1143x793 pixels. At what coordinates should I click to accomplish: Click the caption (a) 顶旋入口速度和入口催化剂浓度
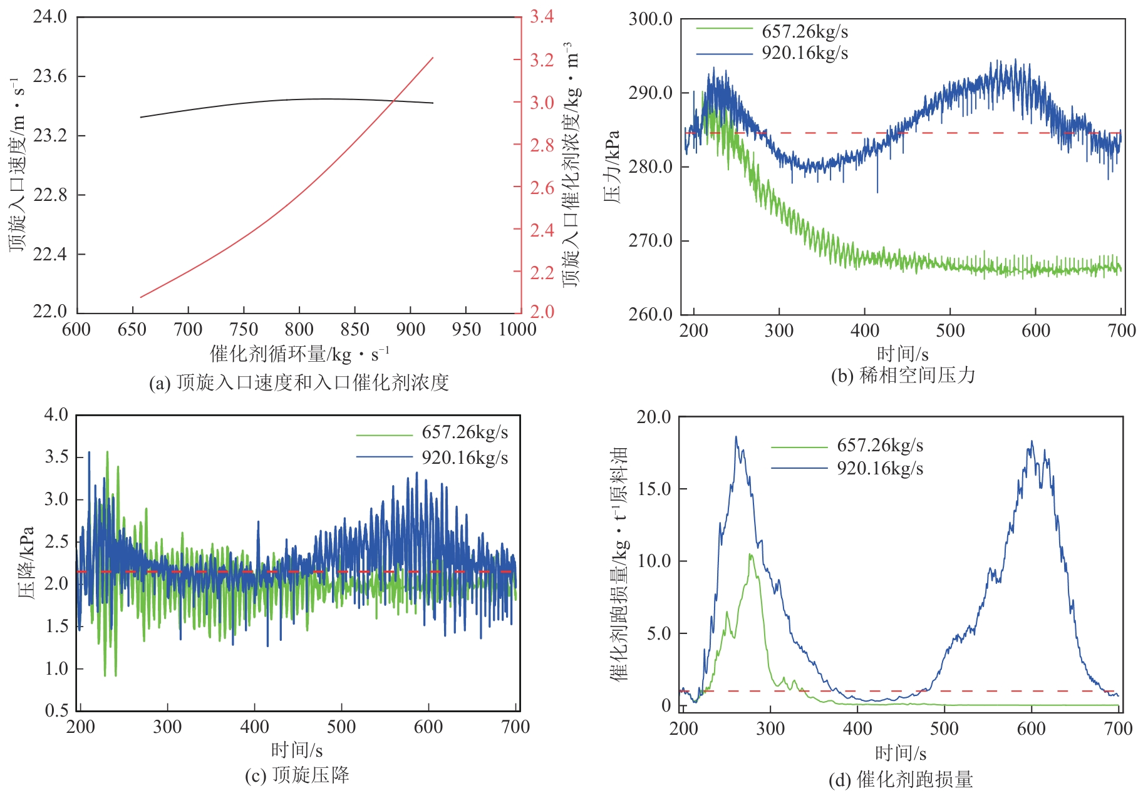[299, 382]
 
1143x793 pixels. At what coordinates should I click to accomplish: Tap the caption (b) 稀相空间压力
[903, 376]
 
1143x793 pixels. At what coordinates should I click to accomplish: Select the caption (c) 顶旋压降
[297, 775]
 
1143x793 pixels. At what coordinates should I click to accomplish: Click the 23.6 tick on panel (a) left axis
[50, 76]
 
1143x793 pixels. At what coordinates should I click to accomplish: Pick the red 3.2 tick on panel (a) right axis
[542, 60]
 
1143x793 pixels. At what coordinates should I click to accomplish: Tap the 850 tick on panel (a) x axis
[354, 329]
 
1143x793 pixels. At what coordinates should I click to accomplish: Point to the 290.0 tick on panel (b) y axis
[651, 93]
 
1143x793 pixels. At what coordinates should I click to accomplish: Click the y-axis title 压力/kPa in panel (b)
[612, 166]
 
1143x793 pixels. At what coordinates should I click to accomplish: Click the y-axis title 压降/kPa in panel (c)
[26, 562]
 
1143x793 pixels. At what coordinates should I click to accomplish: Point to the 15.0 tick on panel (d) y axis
[654, 489]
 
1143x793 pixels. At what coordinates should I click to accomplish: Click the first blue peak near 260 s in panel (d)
[736, 437]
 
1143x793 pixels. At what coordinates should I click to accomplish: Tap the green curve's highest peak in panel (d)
[750, 554]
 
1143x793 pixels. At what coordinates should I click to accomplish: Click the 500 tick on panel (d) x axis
[944, 729]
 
